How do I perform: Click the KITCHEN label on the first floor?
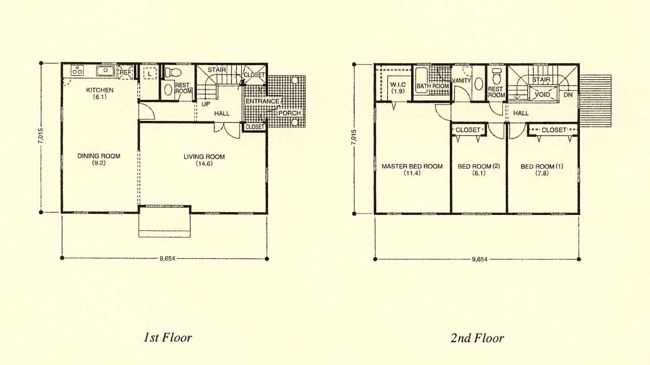[99, 90]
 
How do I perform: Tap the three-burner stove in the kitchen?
[78, 71]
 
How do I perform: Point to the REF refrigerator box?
[125, 71]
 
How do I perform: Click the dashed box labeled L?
[149, 74]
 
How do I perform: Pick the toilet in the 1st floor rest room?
[173, 72]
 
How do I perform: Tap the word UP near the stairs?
[206, 104]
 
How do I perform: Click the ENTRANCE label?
[262, 101]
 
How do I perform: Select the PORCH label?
[289, 113]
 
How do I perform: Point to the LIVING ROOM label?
[204, 157]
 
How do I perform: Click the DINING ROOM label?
[99, 156]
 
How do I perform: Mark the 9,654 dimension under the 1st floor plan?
[167, 258]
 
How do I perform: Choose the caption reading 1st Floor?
[168, 337]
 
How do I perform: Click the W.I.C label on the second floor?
[398, 84]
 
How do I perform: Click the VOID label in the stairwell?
[542, 95]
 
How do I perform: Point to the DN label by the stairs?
[568, 95]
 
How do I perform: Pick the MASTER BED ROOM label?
[412, 167]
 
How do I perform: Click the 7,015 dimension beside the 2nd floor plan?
[354, 137]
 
